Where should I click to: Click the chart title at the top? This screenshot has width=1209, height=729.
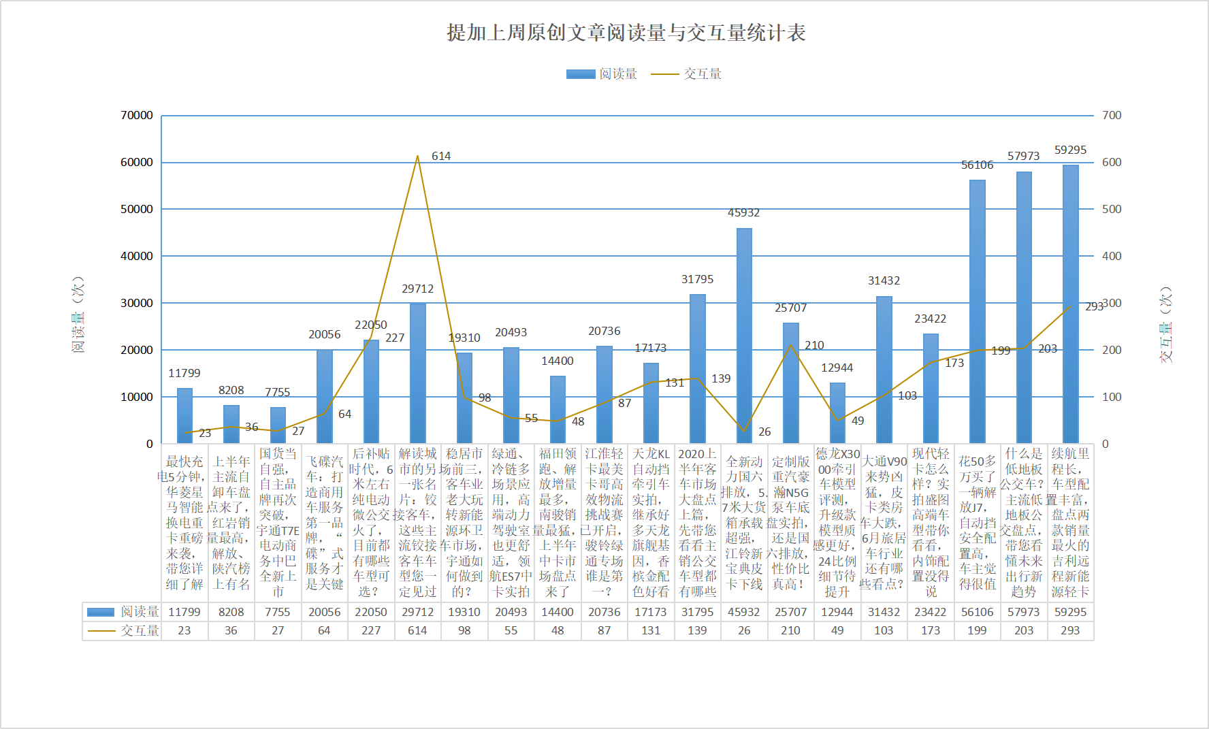point(626,33)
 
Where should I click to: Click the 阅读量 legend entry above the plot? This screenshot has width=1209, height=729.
point(602,74)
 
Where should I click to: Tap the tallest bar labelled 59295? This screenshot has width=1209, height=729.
point(1070,304)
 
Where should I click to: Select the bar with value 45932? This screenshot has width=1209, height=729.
point(744,336)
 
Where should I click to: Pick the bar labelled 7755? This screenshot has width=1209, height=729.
point(278,425)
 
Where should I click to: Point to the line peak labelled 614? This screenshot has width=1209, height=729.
point(417,156)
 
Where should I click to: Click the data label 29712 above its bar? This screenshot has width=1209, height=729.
point(417,289)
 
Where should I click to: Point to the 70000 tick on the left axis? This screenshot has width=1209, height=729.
point(137,116)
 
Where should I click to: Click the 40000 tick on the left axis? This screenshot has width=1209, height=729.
point(137,257)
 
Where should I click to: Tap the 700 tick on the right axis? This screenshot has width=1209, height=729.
point(1112,116)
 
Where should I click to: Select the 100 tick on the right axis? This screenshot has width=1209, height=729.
point(1112,397)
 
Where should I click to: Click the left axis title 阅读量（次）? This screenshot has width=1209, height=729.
point(78,314)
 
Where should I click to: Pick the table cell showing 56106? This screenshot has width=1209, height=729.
point(977,612)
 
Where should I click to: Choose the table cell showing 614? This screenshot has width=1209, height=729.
point(417,630)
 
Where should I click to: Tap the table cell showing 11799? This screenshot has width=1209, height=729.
point(184,612)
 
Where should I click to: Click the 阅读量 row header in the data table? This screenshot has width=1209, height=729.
point(123,612)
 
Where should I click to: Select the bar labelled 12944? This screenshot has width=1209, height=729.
point(837,413)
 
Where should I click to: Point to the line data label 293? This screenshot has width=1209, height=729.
point(1093,307)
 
